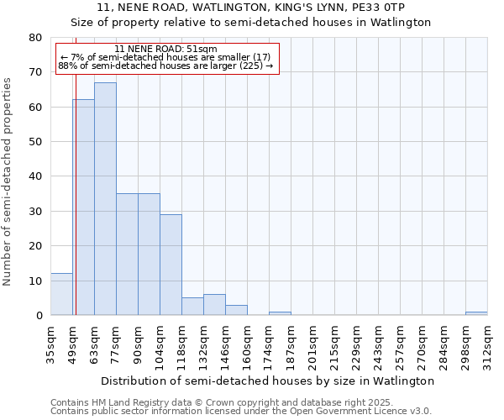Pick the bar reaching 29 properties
[x=171, y=265]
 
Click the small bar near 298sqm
[x=476, y=313]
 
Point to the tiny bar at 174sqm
[x=280, y=313]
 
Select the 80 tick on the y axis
[x=35, y=38]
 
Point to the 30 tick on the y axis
[x=35, y=212]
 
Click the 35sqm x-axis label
[x=50, y=341]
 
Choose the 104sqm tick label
[x=160, y=344]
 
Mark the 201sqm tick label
[x=312, y=344]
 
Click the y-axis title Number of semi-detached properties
[x=8, y=181]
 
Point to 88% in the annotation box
[x=67, y=66]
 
